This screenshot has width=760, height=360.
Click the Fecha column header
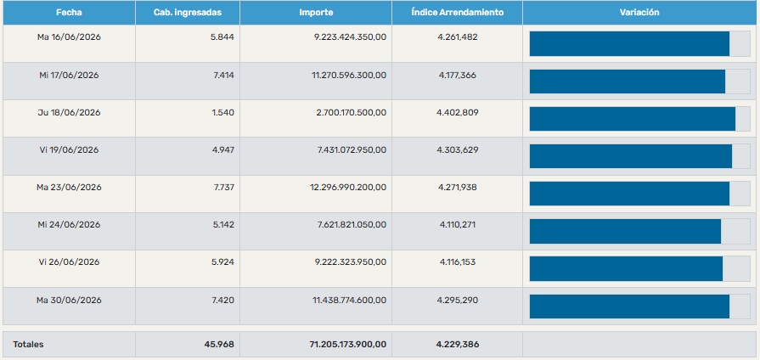(x=69, y=13)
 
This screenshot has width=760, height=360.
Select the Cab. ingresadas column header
(x=188, y=13)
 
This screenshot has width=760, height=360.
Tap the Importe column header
(x=316, y=13)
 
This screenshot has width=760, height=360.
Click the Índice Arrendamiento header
(x=457, y=13)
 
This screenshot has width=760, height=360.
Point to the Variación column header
(x=639, y=13)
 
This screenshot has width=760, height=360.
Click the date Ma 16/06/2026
(x=69, y=37)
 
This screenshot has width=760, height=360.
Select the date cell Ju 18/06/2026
(x=69, y=112)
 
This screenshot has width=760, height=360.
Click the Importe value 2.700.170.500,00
(x=352, y=112)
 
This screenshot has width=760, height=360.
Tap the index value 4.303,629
(x=458, y=149)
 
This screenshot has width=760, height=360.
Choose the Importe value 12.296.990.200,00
(x=348, y=187)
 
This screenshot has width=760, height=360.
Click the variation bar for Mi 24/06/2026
(x=625, y=231)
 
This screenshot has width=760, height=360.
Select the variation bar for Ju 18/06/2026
(x=632, y=119)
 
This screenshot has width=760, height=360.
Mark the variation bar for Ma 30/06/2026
(x=629, y=307)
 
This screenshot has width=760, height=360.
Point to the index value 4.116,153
(x=458, y=262)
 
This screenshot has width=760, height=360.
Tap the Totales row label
(x=28, y=345)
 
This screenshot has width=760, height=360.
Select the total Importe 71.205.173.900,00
(x=348, y=345)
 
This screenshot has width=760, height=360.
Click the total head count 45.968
(x=219, y=345)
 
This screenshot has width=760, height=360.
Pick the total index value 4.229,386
(x=458, y=345)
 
